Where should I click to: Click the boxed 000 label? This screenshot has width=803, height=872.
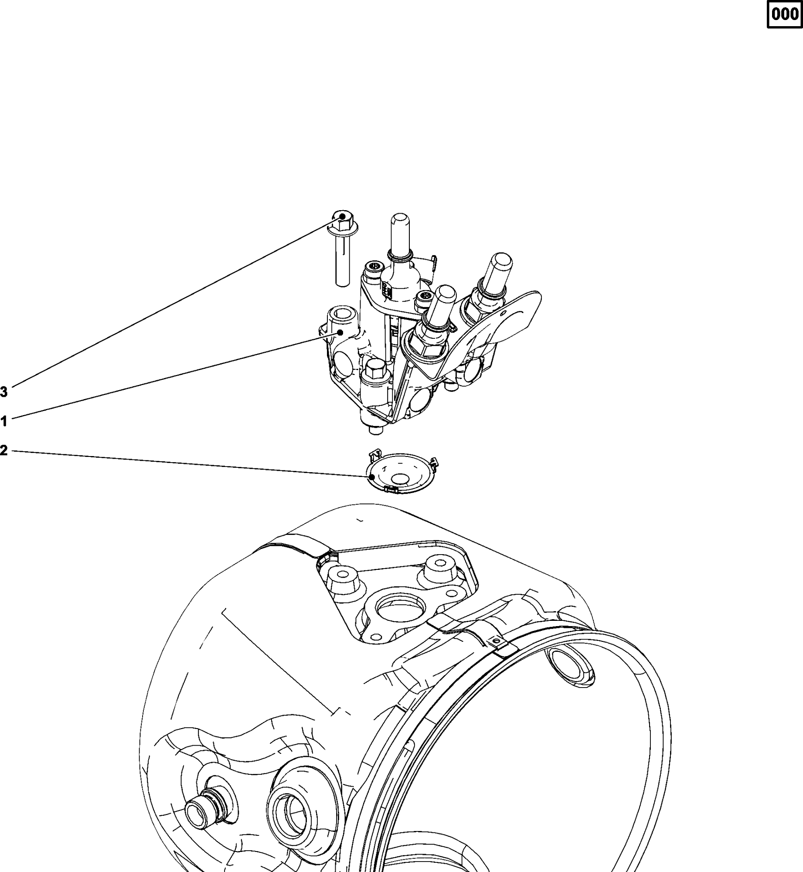(784, 14)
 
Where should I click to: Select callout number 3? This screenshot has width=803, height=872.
(4, 392)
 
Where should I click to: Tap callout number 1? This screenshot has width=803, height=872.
(4, 422)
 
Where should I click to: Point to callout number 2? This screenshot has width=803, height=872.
(4, 450)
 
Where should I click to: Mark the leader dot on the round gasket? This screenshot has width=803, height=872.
(372, 477)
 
